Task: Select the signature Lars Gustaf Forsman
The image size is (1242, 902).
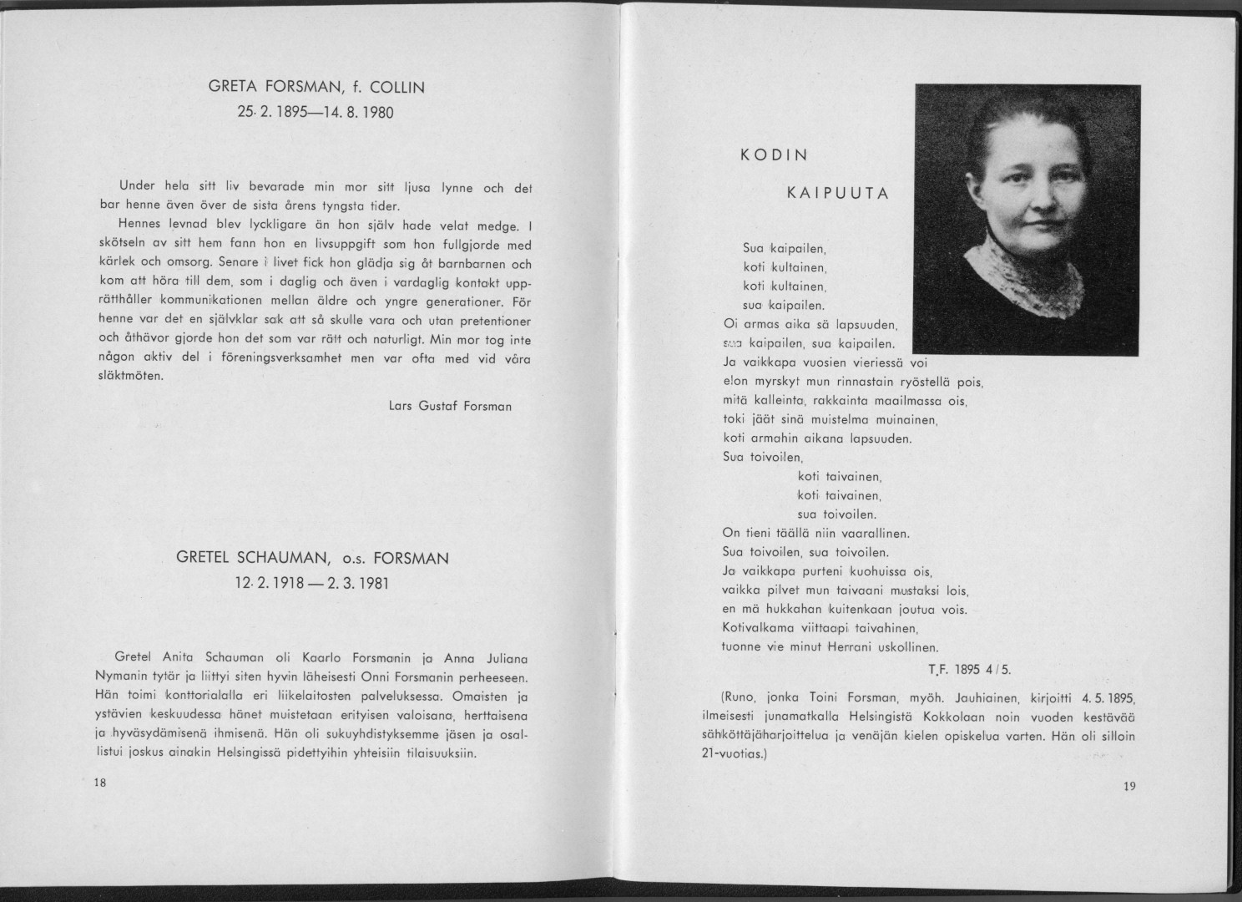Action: point(450,407)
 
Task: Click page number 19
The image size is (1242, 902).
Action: point(1130,785)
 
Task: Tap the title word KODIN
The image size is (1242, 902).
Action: point(774,155)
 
